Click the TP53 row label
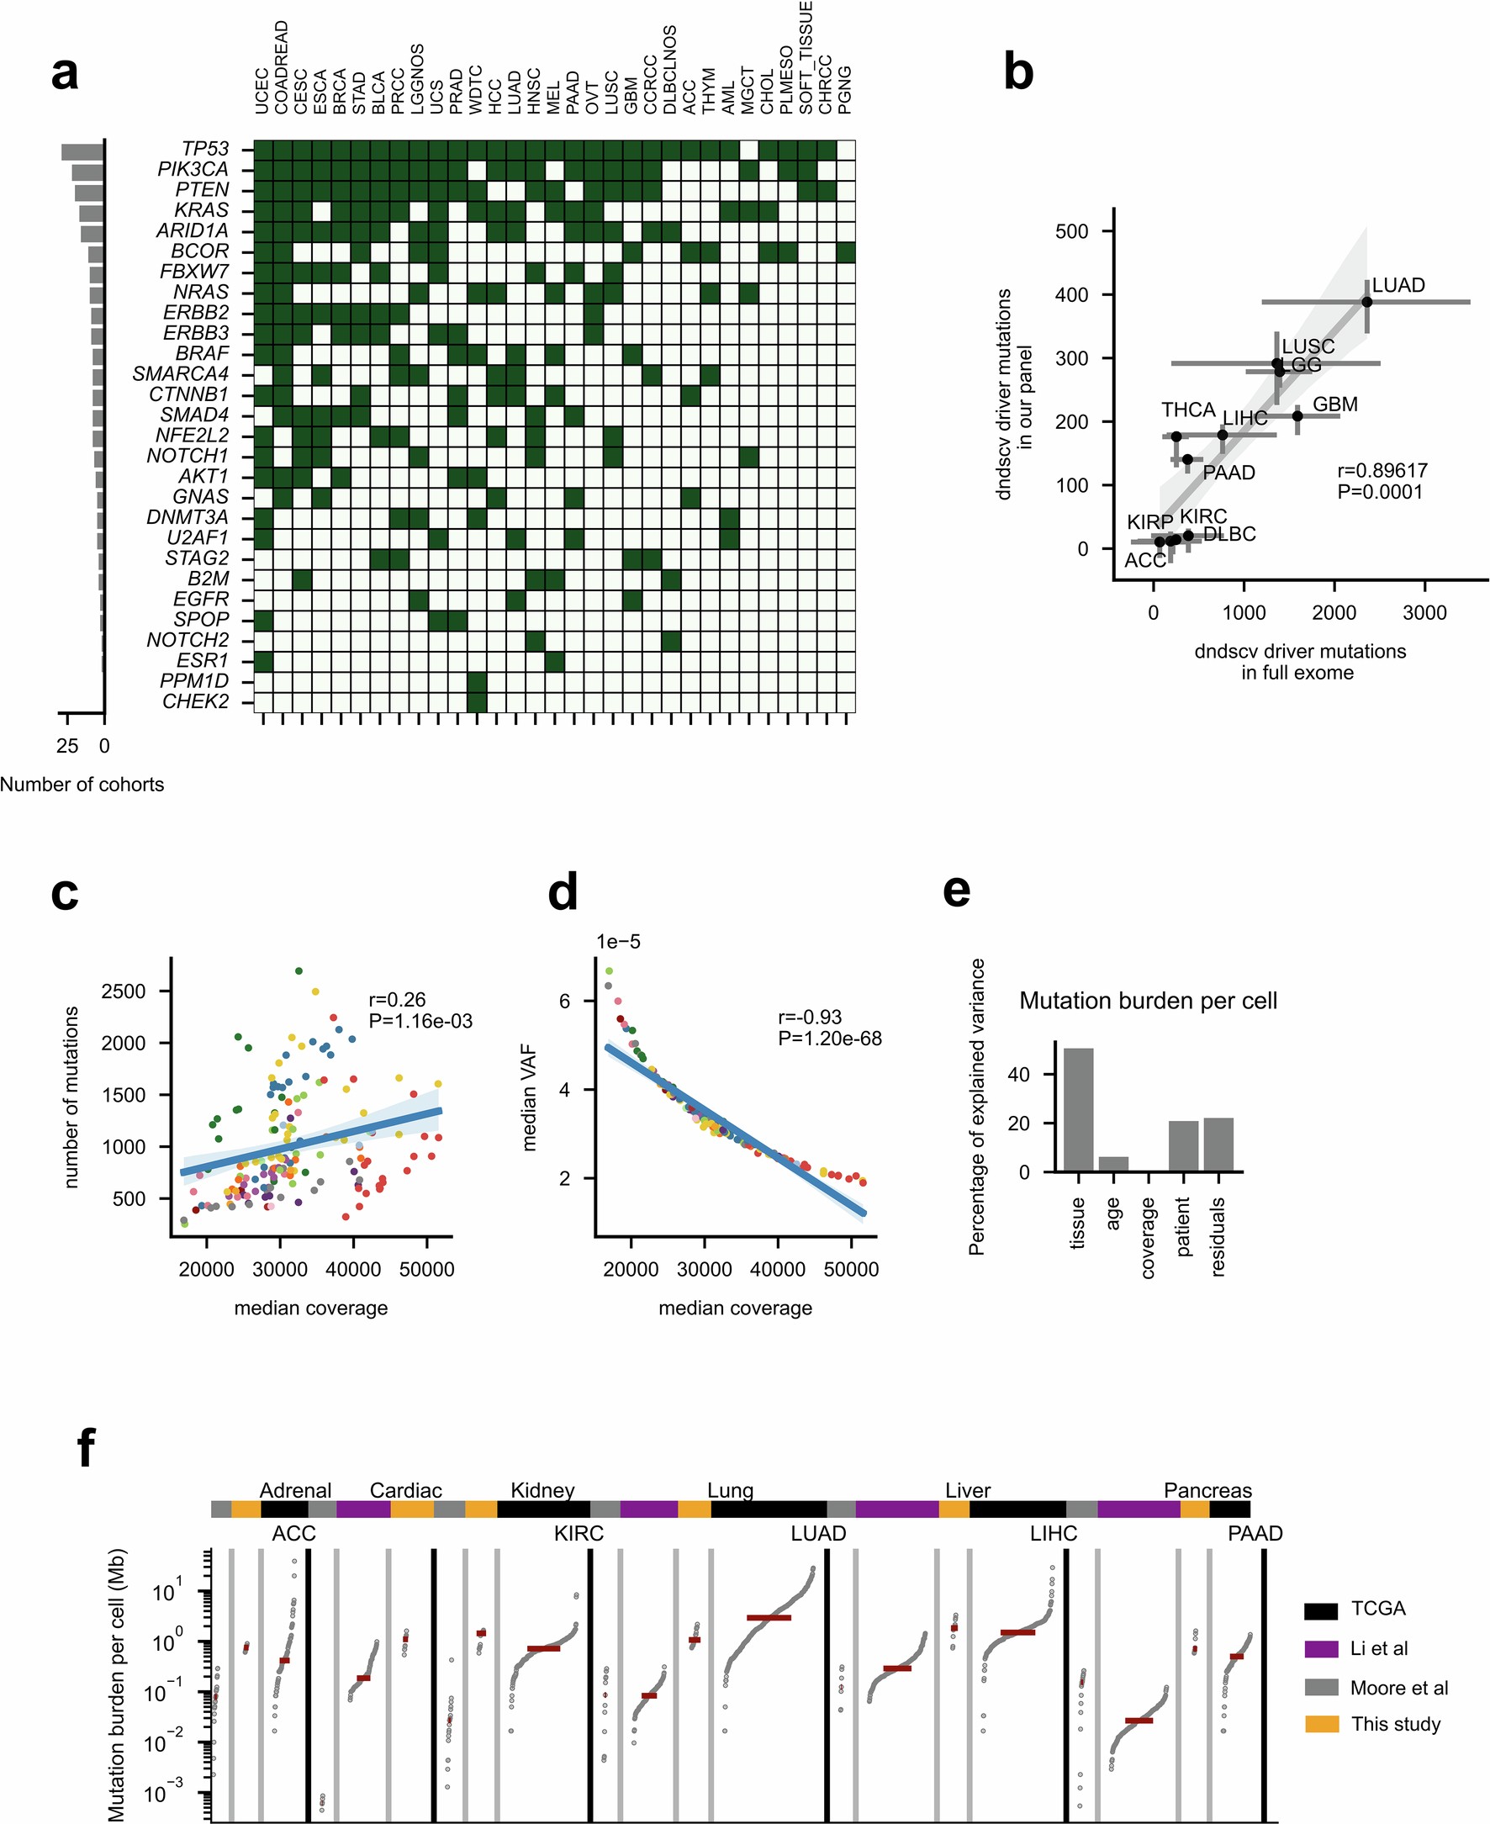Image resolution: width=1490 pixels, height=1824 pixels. (x=205, y=149)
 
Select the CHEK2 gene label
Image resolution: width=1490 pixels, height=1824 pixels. (x=196, y=701)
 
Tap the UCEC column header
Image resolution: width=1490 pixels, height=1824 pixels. (x=262, y=91)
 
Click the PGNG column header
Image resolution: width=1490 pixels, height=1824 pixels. (x=845, y=89)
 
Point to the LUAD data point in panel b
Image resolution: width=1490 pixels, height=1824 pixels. (x=1366, y=302)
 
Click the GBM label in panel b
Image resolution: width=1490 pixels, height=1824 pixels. (x=1334, y=404)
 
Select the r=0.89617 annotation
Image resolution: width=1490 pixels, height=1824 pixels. (x=1382, y=470)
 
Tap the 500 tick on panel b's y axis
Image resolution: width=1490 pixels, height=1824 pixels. (x=1071, y=232)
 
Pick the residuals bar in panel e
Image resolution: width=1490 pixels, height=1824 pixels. (x=1218, y=1145)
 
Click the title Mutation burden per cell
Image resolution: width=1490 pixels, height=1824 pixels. (x=1148, y=1001)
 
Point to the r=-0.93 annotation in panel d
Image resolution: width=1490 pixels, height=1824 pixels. (x=810, y=1018)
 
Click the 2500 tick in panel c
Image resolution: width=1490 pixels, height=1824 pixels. (x=124, y=991)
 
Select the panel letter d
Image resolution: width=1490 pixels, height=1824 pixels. (x=563, y=894)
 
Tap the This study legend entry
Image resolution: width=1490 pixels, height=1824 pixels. (x=1396, y=1725)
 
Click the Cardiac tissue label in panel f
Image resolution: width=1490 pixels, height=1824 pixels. (x=405, y=1490)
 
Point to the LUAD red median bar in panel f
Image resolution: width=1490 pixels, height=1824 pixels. (x=769, y=1618)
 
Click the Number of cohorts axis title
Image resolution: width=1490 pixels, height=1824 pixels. (x=82, y=785)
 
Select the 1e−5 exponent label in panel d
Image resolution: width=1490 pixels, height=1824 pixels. (x=618, y=942)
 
